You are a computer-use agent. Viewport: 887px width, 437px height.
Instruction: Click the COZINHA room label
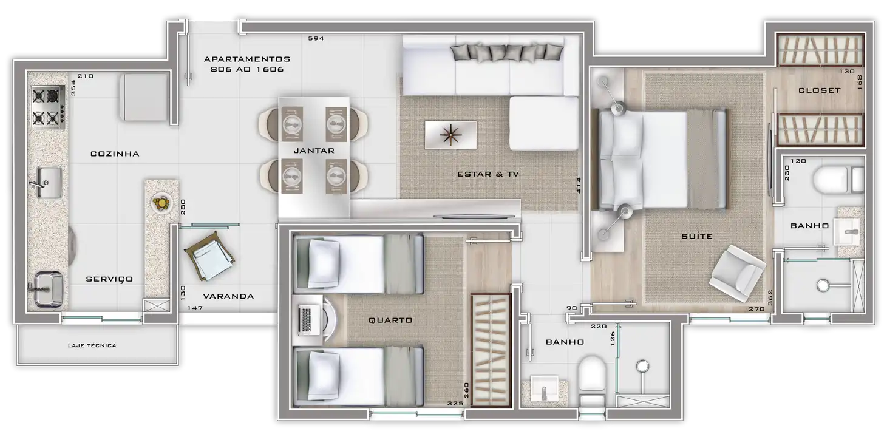[x=115, y=154]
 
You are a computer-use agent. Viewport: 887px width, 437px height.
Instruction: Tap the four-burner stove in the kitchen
[x=48, y=107]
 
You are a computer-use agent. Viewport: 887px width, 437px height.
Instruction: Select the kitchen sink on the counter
[x=49, y=182]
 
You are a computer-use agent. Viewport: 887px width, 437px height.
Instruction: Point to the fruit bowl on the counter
[x=161, y=203]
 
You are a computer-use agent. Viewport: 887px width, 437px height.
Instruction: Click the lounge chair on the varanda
[x=209, y=256]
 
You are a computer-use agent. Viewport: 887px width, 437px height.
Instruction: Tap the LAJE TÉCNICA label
[x=92, y=345]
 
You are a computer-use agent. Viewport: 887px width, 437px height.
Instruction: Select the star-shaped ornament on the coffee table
[x=450, y=135]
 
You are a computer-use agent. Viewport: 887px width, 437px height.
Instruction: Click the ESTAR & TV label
[x=488, y=174]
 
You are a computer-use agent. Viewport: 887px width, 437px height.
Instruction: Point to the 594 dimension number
[x=316, y=38]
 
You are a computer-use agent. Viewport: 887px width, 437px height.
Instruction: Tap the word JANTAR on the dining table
[x=314, y=151]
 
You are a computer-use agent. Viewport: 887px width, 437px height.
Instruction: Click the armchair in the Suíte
[x=737, y=273]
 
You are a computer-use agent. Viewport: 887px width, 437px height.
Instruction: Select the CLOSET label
[x=819, y=90]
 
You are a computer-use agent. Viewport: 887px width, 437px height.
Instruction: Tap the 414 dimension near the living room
[x=579, y=185]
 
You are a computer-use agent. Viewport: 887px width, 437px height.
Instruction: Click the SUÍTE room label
[x=697, y=236]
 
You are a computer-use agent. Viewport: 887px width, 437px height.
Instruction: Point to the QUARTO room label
[x=390, y=320]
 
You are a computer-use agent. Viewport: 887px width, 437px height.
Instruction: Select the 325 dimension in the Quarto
[x=455, y=404]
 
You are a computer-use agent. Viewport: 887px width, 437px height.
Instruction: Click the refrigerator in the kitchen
[x=144, y=97]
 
